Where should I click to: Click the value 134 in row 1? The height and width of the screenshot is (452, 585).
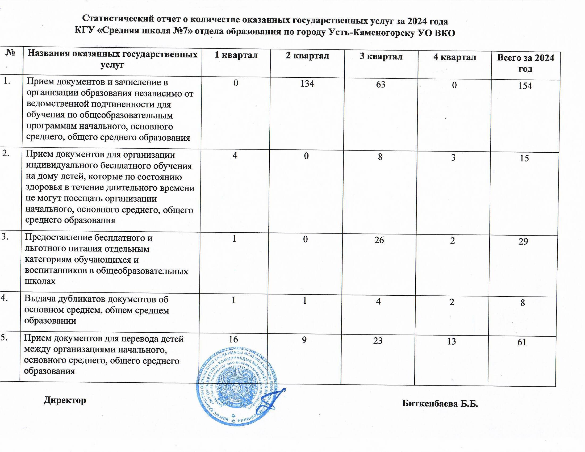307,84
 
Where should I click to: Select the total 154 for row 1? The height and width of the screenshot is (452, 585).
525,86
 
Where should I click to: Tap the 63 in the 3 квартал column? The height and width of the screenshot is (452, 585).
381,85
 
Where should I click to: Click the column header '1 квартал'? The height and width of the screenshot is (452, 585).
236,55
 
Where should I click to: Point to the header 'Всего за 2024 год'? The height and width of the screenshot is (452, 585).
525,63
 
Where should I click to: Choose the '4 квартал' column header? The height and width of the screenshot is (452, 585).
454,57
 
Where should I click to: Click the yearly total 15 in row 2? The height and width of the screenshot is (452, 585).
524,158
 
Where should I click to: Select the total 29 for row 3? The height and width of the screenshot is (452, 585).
523,241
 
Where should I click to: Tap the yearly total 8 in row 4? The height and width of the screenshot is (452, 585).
522,303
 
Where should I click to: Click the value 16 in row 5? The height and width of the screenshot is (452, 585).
233,339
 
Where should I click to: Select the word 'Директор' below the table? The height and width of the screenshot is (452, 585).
65,400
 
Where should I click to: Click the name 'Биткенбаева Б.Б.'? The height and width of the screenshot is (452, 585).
440,404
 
